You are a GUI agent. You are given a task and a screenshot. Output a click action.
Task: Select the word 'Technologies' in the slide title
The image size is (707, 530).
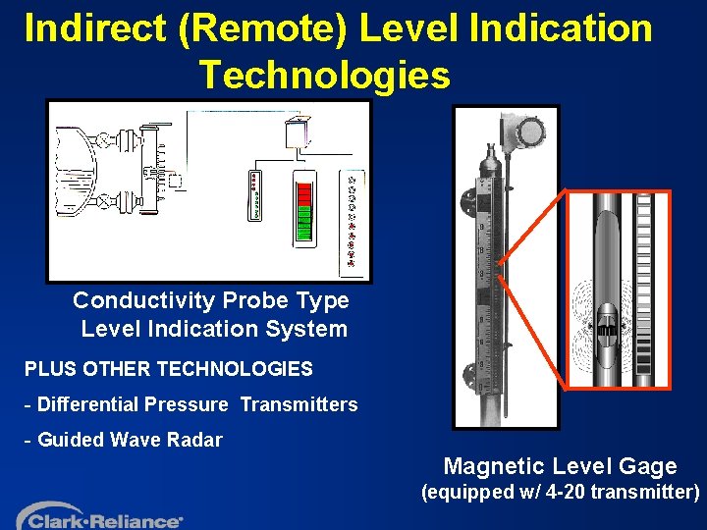pyautogui.click(x=325, y=75)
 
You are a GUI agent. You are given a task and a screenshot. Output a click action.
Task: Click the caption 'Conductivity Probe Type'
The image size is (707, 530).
pyautogui.click(x=210, y=299)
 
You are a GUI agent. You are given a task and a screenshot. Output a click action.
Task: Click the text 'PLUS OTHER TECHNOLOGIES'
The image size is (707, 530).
pyautogui.click(x=168, y=370)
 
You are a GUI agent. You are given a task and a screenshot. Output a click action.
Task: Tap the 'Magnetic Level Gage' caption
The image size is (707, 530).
pyautogui.click(x=560, y=467)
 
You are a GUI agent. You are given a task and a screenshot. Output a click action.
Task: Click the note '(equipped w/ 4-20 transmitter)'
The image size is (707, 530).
pyautogui.click(x=560, y=493)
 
